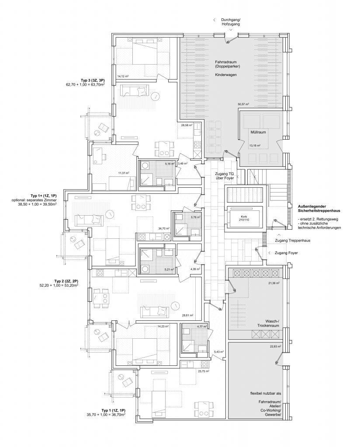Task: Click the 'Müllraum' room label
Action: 258,132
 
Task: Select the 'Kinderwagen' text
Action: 225,75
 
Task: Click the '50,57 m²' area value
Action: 243,104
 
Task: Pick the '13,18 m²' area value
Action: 254,145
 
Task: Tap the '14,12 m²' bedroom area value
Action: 123,76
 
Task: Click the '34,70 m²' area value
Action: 164,228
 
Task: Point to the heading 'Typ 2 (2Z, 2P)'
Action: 66,281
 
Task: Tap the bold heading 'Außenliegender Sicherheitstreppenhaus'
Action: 318,208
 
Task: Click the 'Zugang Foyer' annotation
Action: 286,253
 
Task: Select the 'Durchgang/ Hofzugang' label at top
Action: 231,22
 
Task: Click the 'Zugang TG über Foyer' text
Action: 225,175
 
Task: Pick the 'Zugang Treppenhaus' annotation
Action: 292,241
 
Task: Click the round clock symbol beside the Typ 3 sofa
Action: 155,96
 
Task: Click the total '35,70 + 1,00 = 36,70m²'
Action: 106,415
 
